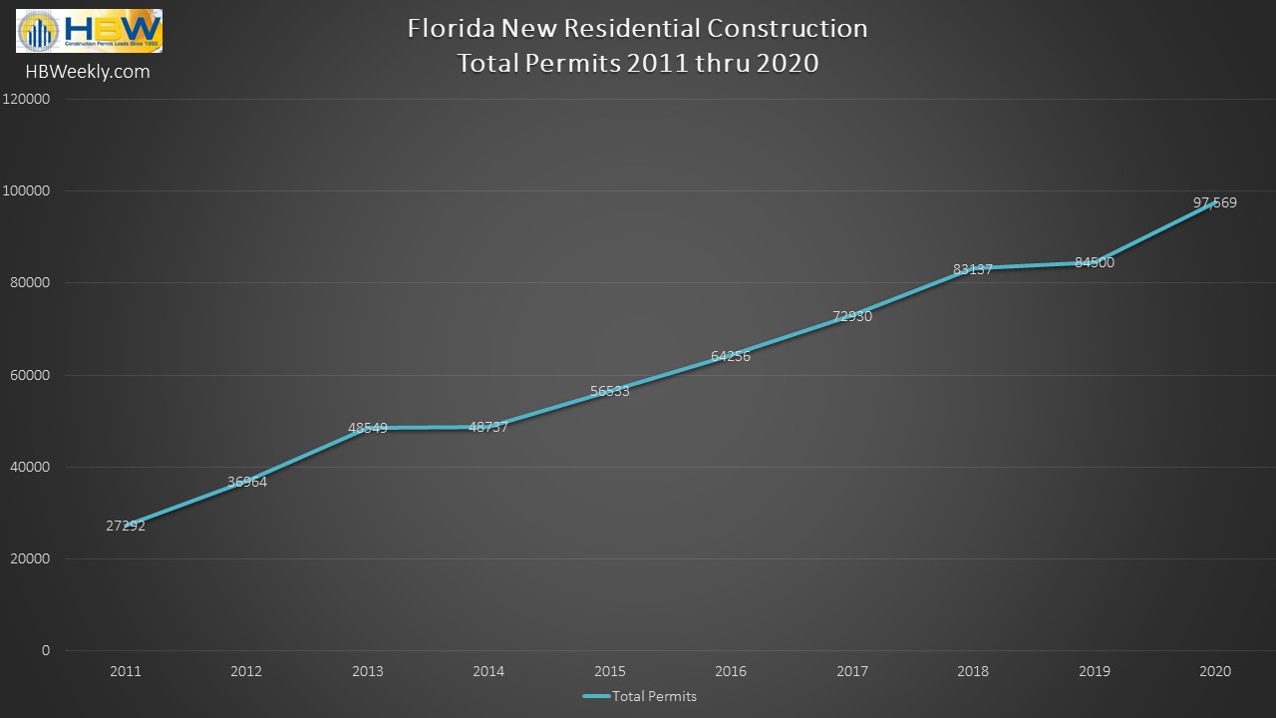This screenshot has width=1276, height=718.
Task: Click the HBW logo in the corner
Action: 89,31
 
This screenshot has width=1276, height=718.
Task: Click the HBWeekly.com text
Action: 88,72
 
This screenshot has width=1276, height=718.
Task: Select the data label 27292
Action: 126,526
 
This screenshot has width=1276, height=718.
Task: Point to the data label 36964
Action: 247,482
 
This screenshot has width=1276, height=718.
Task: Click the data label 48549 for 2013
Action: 368,428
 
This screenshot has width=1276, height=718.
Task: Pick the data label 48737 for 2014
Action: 488,427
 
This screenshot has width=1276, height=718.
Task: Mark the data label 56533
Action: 610,392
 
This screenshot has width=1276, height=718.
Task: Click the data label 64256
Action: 731,356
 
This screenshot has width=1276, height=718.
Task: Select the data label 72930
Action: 852,317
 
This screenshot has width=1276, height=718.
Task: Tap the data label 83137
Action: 973,269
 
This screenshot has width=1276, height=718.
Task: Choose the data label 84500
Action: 1095,263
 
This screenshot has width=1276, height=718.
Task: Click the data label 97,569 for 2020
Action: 1215,203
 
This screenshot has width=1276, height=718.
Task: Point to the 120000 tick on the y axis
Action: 28,100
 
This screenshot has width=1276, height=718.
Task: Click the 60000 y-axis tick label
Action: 31,375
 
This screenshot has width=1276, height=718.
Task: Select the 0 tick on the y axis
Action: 46,650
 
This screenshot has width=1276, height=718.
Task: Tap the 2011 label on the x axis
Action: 126,672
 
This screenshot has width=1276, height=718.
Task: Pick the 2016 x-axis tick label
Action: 731,672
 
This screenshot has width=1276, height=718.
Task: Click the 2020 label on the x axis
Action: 1215,672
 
